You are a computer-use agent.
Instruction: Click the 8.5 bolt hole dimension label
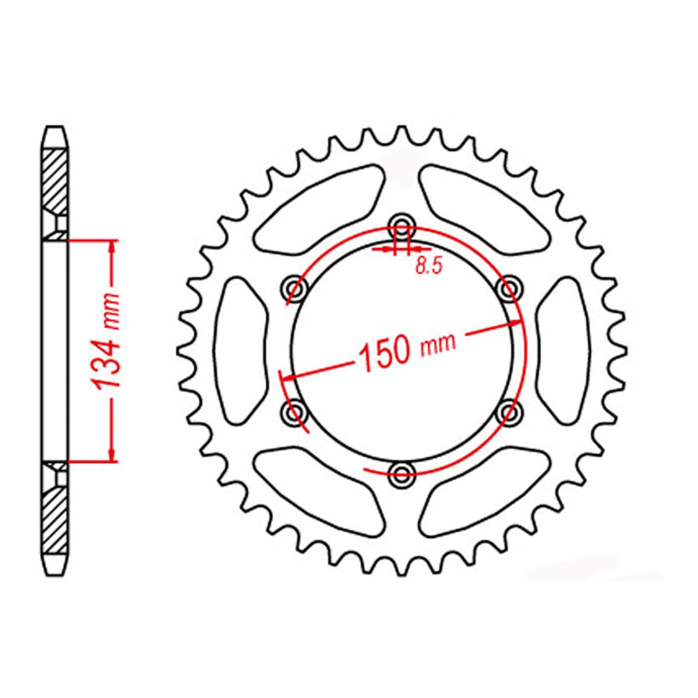point(429,266)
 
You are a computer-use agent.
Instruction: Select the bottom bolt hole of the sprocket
point(401,473)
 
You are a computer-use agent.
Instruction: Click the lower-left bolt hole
point(294,411)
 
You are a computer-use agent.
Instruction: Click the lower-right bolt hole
point(509,411)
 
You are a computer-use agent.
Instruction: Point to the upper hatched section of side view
point(55,181)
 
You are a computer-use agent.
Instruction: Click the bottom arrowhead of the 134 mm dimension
point(113,455)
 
